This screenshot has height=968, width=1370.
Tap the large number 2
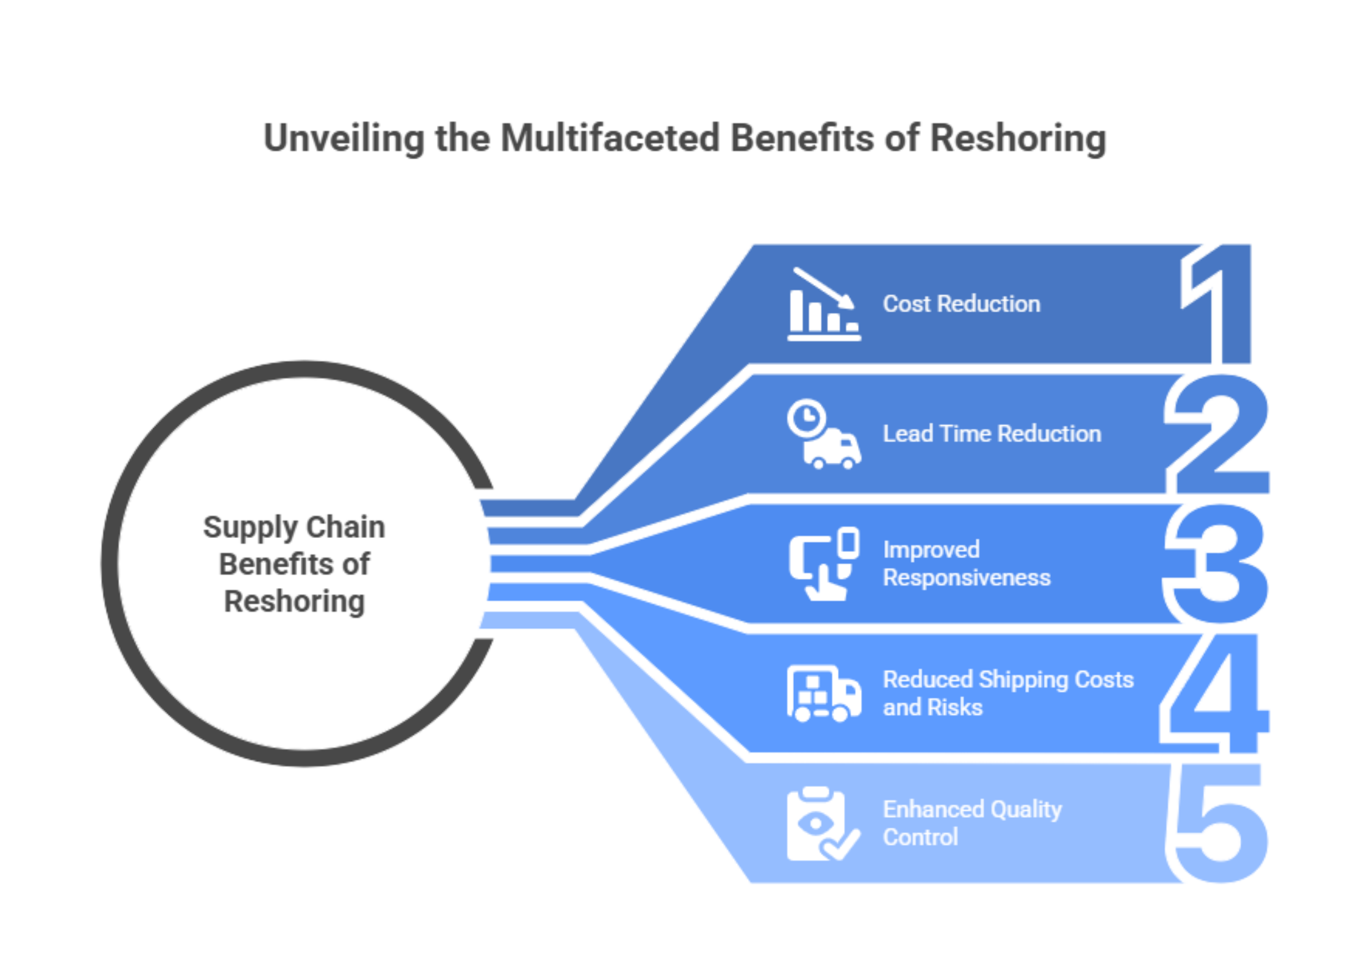click(1220, 434)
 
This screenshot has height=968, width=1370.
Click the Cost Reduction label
click(961, 304)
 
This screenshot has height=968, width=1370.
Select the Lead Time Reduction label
click(992, 434)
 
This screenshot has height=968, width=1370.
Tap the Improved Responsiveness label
click(967, 564)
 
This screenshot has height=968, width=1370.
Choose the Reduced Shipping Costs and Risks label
click(1008, 694)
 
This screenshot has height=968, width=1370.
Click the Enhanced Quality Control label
click(972, 823)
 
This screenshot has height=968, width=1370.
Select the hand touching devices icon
click(824, 564)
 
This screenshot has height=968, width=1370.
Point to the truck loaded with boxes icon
click(824, 694)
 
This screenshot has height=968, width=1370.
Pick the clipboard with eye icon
click(821, 823)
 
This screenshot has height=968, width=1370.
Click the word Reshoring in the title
click(1018, 138)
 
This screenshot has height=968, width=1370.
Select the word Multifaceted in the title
click(610, 138)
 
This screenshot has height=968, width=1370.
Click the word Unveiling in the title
click(344, 138)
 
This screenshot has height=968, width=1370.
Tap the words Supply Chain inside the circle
click(294, 528)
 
